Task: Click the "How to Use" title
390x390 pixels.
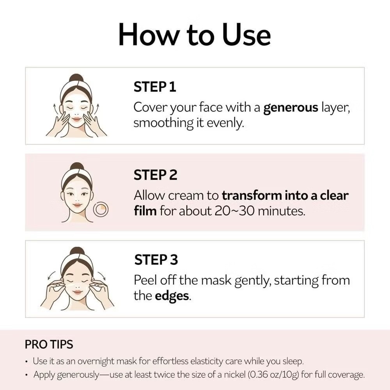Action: click(195, 34)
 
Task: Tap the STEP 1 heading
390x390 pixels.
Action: click(155, 87)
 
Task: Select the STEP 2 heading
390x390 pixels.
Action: click(156, 175)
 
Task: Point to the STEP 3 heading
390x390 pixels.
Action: click(156, 259)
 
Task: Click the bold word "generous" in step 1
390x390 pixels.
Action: click(291, 108)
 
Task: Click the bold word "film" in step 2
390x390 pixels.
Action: click(145, 211)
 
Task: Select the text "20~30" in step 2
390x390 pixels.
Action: click(234, 211)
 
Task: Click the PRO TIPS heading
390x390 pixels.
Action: click(49, 344)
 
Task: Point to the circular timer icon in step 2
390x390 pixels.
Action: click(101, 209)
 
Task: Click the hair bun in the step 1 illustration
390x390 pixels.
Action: click(76, 78)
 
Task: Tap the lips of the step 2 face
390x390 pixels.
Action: click(77, 205)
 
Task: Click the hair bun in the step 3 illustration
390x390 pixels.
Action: click(77, 251)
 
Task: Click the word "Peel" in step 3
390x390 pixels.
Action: click(145, 280)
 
